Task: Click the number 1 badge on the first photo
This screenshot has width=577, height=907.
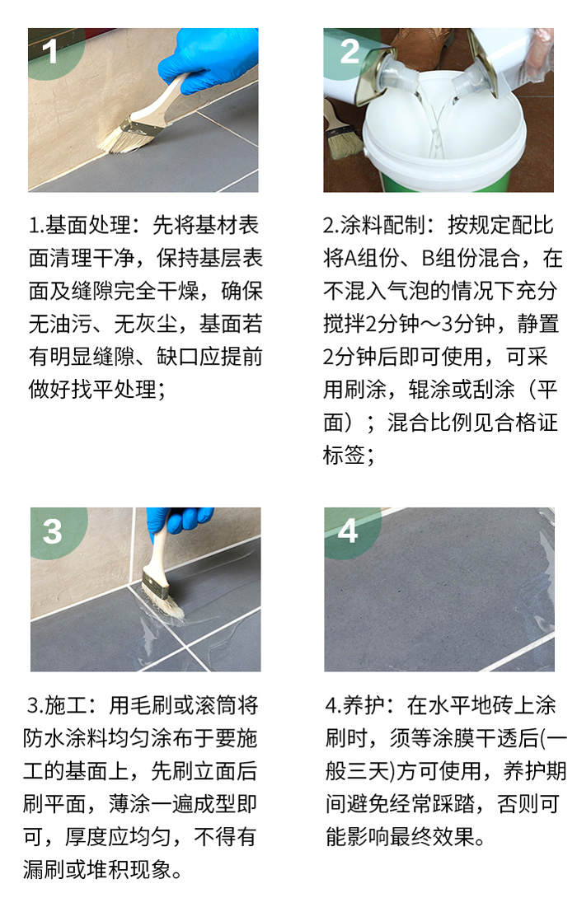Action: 49,51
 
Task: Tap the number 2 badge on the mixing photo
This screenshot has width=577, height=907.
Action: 349,51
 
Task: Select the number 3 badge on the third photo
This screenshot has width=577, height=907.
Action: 52,531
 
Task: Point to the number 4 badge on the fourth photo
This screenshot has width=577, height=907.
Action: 348,531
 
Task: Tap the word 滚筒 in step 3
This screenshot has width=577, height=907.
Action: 216,705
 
